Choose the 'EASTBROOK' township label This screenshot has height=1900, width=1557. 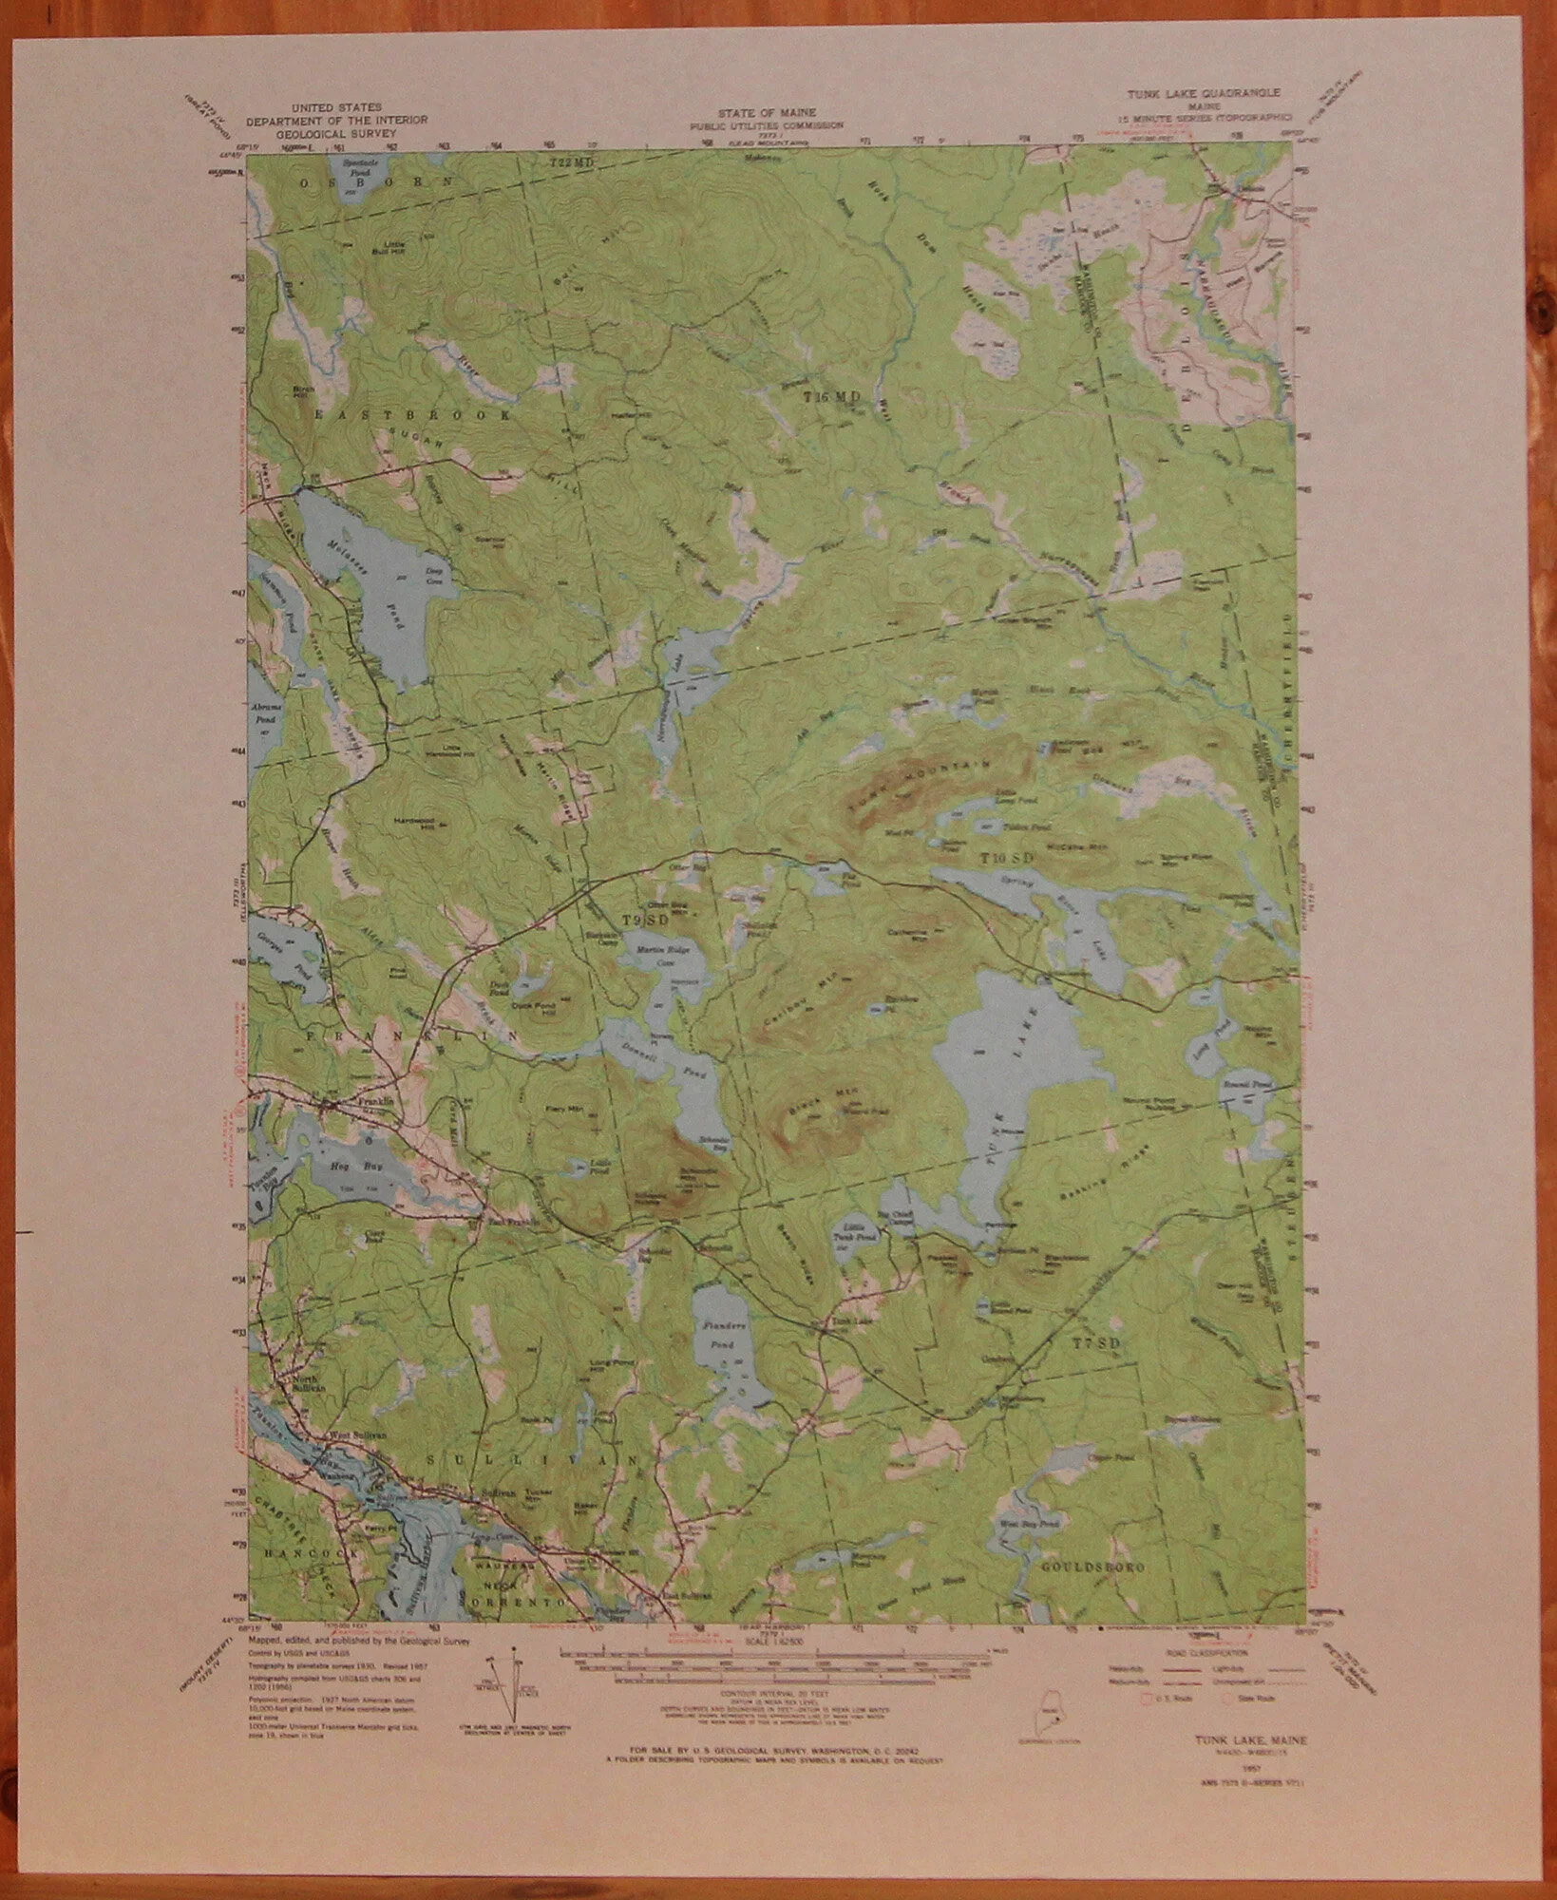415,416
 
